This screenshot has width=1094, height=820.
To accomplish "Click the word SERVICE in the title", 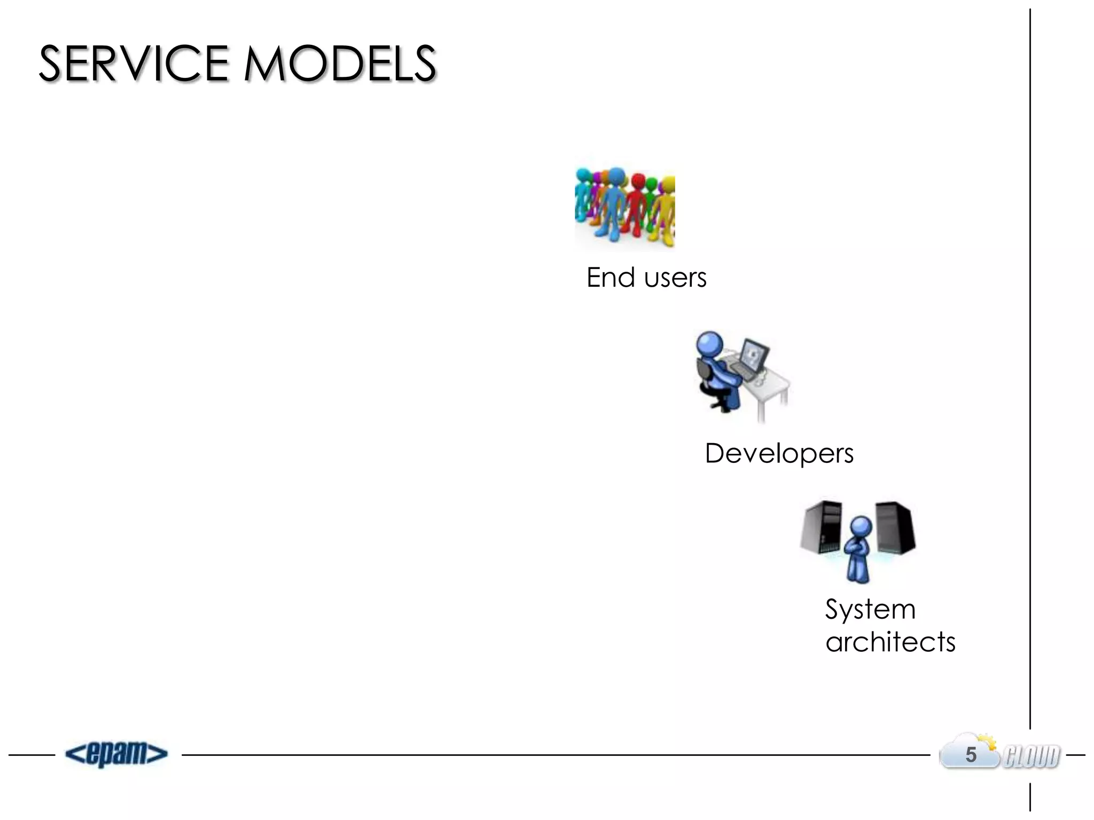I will [x=134, y=64].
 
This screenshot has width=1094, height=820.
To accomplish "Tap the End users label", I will [x=646, y=278].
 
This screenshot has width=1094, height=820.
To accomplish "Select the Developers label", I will [x=779, y=453].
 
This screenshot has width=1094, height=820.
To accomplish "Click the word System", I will [x=870, y=609].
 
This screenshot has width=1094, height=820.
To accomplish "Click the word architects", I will [x=890, y=642].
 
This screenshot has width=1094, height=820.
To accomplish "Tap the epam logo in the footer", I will [x=116, y=754].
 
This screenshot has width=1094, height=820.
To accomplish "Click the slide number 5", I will [x=971, y=755].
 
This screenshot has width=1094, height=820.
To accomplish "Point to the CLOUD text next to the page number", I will [x=1032, y=756].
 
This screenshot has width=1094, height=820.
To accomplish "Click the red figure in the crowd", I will [x=636, y=206].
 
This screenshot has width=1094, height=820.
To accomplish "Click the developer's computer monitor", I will [x=754, y=355].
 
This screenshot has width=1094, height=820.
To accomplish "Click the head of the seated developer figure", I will [x=709, y=344].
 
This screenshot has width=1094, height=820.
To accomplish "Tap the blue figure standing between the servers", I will [x=859, y=550].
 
